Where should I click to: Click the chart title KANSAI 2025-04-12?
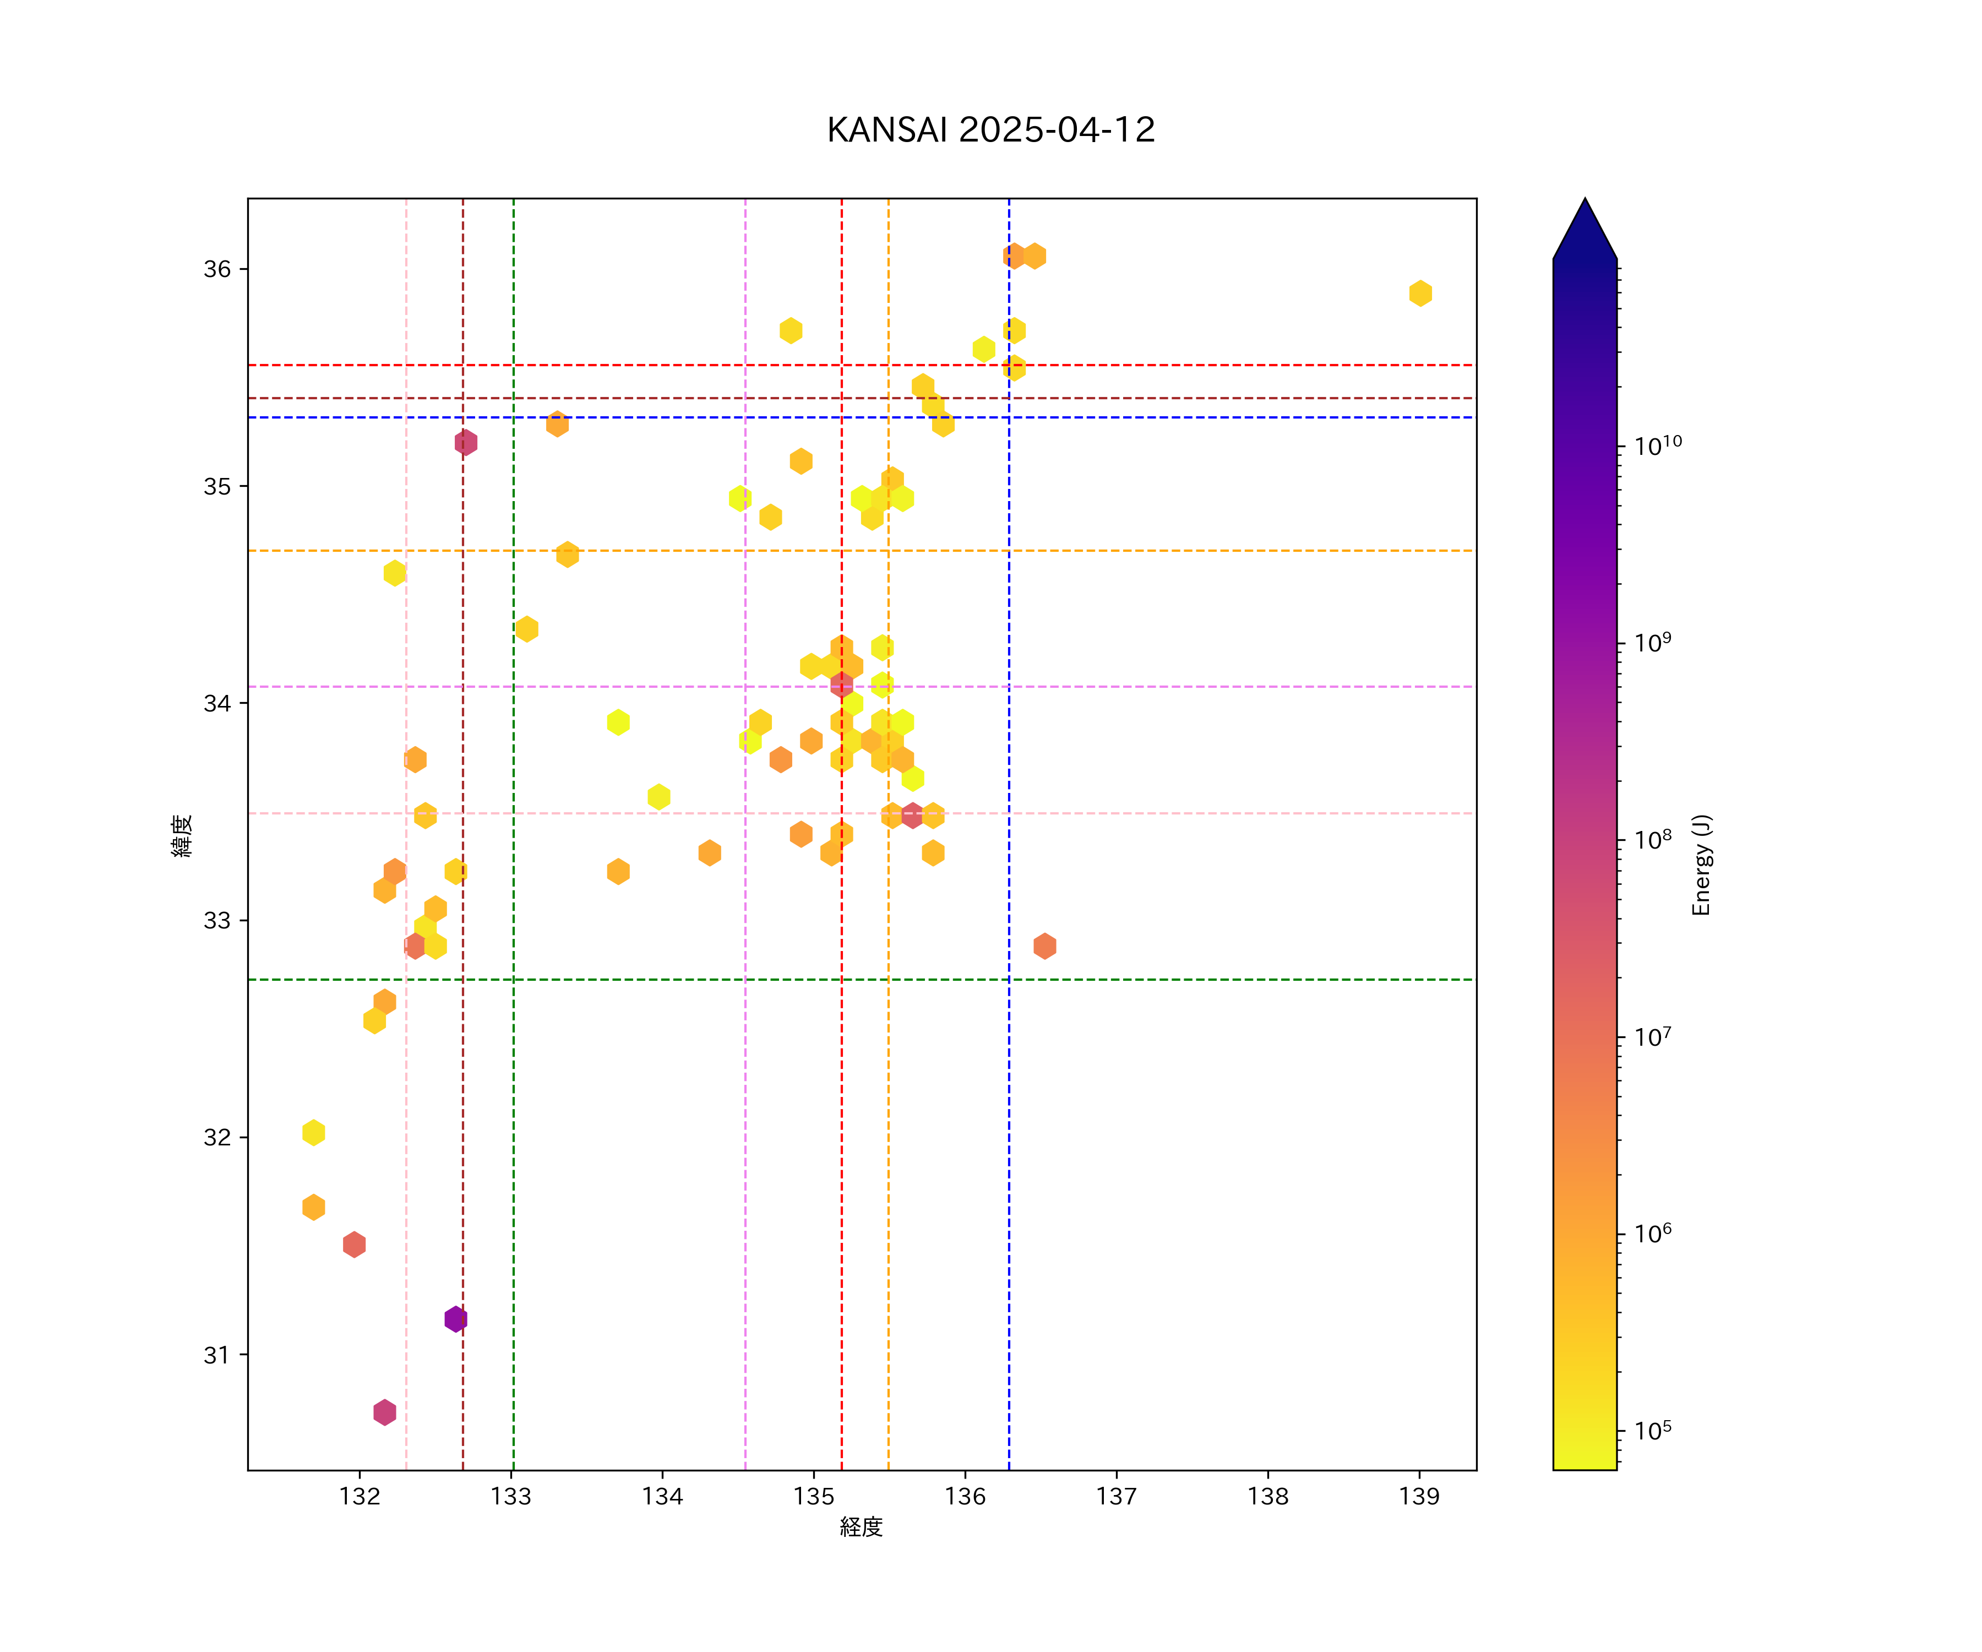click(x=991, y=131)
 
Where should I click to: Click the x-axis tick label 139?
click(x=1419, y=1496)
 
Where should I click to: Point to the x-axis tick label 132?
click(x=360, y=1496)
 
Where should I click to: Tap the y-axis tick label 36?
click(x=217, y=269)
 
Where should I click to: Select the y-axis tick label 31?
click(x=217, y=1355)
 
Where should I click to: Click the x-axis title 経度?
click(x=861, y=1526)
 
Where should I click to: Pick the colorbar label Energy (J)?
click(x=1701, y=865)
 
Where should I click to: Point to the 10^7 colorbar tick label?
click(x=1653, y=1036)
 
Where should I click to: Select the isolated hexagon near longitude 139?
click(x=1420, y=294)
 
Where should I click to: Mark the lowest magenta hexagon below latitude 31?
click(x=384, y=1412)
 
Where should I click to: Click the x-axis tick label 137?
click(x=1117, y=1496)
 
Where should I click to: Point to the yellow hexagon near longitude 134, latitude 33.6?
click(x=659, y=797)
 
